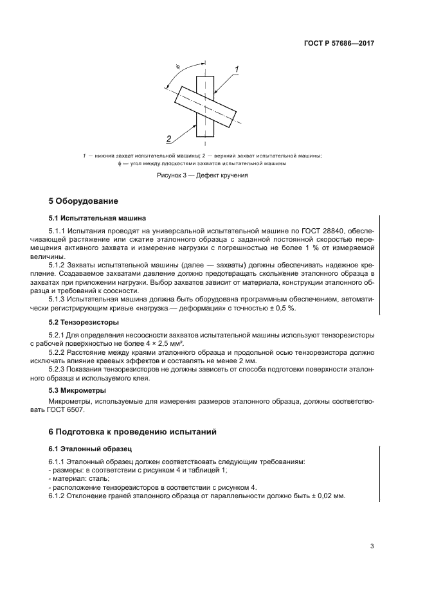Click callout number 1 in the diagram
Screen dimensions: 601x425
[x=237, y=69]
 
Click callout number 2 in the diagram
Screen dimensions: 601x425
[x=168, y=139]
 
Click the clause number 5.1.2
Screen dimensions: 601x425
[x=59, y=264]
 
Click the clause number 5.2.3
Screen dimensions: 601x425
[x=59, y=370]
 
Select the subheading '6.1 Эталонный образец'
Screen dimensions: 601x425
[x=86, y=448]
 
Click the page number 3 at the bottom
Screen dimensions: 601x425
[x=372, y=546]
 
